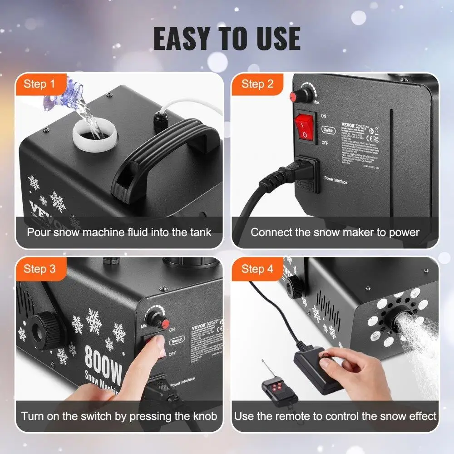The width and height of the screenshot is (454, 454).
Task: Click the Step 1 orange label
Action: tap(39, 84)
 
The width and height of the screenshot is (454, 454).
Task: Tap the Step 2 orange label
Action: tap(257, 84)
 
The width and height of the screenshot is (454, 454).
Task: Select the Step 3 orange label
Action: tap(39, 269)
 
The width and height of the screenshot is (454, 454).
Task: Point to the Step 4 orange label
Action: tap(257, 269)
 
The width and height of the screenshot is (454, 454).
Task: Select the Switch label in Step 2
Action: tap(328, 130)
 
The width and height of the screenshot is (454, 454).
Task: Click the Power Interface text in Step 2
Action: tap(336, 180)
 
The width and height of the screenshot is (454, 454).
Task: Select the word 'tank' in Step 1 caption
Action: tap(198, 232)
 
